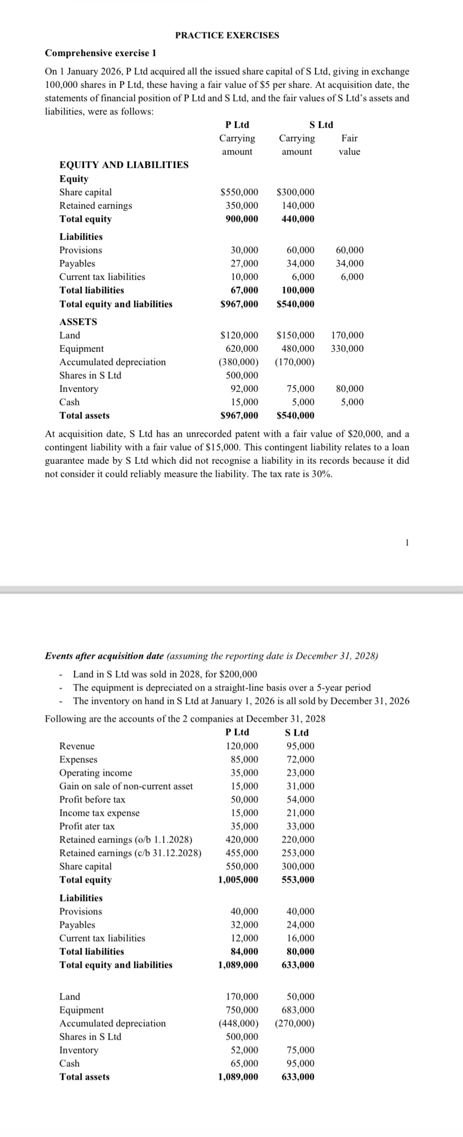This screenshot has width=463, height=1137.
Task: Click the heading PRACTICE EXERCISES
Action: click(x=227, y=35)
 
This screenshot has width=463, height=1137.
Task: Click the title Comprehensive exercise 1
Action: click(x=100, y=53)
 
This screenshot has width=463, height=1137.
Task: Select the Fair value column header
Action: click(x=349, y=145)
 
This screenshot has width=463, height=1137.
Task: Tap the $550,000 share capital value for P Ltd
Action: click(x=239, y=192)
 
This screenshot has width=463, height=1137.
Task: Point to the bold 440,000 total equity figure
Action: click(x=297, y=219)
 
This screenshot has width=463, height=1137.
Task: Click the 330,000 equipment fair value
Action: click(x=347, y=349)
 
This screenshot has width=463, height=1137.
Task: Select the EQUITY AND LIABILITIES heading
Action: click(x=124, y=165)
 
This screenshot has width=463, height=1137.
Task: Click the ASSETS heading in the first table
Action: click(x=78, y=322)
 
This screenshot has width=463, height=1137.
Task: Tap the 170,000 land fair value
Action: click(x=347, y=335)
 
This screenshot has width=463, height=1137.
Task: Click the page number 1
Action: click(x=407, y=542)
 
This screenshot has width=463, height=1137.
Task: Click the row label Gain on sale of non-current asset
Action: click(x=126, y=786)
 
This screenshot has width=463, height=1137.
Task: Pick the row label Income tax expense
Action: click(x=100, y=813)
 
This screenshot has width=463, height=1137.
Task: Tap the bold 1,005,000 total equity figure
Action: click(x=238, y=880)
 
